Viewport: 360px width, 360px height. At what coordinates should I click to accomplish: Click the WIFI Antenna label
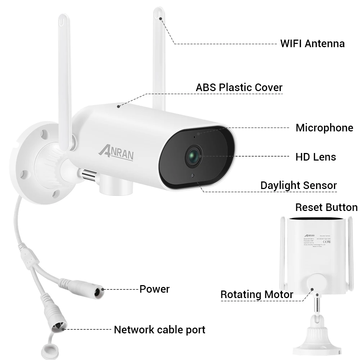tap(312, 44)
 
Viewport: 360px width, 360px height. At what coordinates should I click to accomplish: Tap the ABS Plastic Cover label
tap(239, 87)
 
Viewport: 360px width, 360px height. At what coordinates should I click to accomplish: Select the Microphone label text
tap(324, 128)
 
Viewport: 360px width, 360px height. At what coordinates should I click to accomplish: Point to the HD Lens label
tap(315, 157)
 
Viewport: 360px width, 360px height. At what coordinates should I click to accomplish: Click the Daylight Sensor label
tap(298, 185)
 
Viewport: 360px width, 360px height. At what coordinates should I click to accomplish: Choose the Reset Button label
tap(326, 207)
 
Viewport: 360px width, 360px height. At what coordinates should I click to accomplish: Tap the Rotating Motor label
tap(257, 294)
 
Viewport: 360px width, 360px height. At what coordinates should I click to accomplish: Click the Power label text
tap(154, 289)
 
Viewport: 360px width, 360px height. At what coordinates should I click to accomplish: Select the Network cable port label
tap(159, 329)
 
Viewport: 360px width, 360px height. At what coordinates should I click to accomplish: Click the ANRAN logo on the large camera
tap(116, 153)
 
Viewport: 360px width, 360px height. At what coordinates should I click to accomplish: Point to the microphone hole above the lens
tap(194, 137)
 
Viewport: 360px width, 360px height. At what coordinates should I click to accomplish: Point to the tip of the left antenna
tap(63, 18)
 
